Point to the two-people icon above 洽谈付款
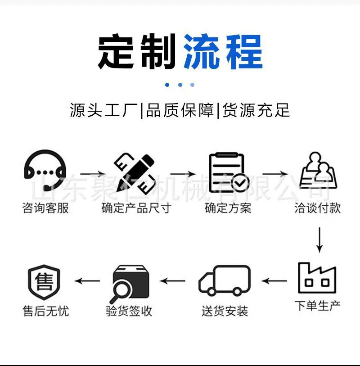(x=318, y=171)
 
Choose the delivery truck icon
(x=225, y=280)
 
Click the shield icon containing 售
(x=44, y=282)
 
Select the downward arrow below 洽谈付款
(x=319, y=239)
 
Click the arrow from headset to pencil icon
(x=93, y=174)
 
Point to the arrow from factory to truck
(x=274, y=280)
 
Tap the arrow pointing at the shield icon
(x=87, y=280)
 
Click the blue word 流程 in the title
(x=223, y=52)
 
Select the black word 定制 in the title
(x=137, y=52)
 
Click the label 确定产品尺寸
(x=136, y=208)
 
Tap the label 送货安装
(x=225, y=311)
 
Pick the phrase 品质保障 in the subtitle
(x=180, y=110)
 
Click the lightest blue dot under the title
(x=192, y=85)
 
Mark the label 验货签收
(x=129, y=311)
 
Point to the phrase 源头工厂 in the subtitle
(x=103, y=110)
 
